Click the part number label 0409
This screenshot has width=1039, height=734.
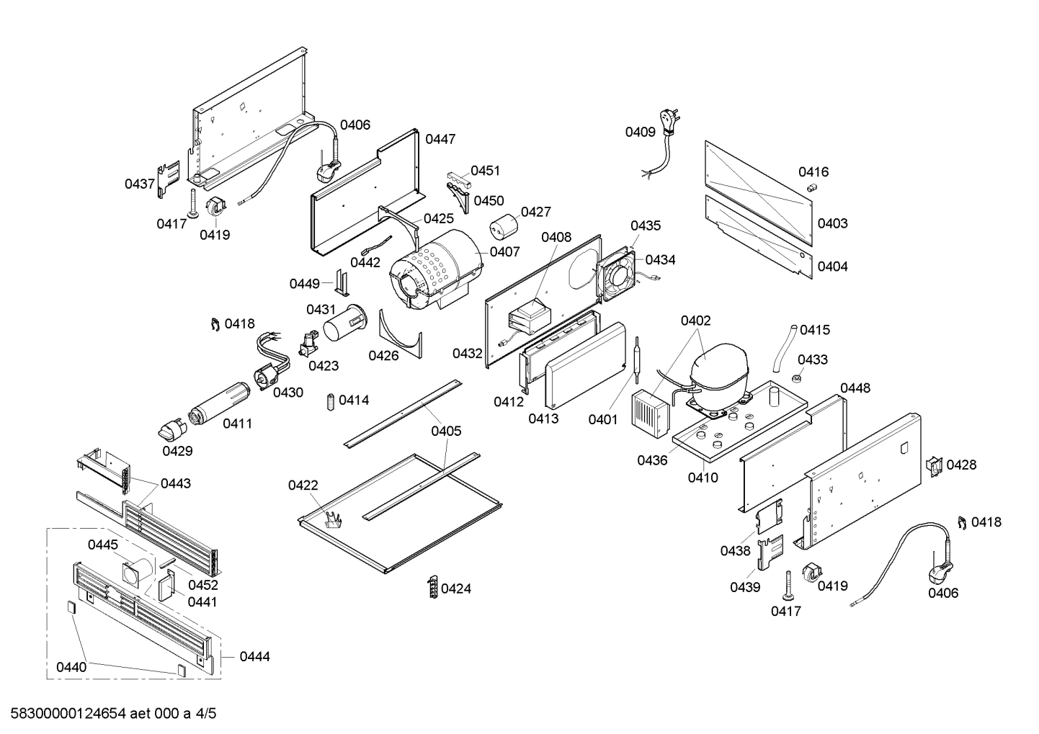(x=640, y=132)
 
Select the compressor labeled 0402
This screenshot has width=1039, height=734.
(x=720, y=375)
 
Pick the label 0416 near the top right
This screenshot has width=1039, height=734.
(x=813, y=172)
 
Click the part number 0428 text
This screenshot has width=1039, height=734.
(x=961, y=465)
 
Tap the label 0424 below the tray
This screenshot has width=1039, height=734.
(x=455, y=589)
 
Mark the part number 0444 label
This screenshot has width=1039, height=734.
(x=254, y=657)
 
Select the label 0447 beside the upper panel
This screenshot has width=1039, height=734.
(x=440, y=140)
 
